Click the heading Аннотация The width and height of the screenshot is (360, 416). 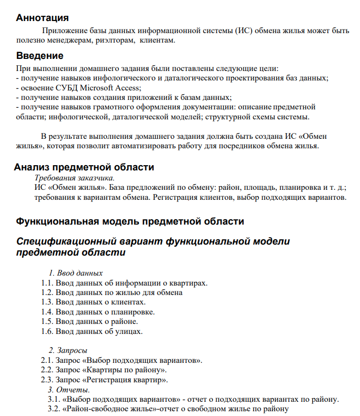[x=42, y=18]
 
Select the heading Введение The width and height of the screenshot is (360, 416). [x=39, y=56]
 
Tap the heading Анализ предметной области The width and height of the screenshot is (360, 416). [x=84, y=168]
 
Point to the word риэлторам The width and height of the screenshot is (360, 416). [x=112, y=40]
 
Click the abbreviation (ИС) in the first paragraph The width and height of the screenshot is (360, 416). [x=243, y=31]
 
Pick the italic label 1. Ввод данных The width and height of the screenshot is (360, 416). [x=76, y=273]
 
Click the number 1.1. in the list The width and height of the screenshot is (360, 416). [x=48, y=283]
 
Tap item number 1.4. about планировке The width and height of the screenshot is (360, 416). [x=48, y=312]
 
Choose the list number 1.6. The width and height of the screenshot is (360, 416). [x=48, y=331]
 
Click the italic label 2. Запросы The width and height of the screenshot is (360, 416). [x=68, y=350]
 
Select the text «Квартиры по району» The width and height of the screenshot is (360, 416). [x=125, y=370]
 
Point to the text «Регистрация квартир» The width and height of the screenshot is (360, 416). [x=126, y=380]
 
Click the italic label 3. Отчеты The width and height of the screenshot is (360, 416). [x=69, y=390]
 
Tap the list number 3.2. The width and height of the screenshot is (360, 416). [x=53, y=409]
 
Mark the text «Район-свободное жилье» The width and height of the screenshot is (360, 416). [x=106, y=409]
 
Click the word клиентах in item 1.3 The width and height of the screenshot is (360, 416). [x=127, y=302]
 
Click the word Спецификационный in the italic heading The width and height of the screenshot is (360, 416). [x=66, y=241]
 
